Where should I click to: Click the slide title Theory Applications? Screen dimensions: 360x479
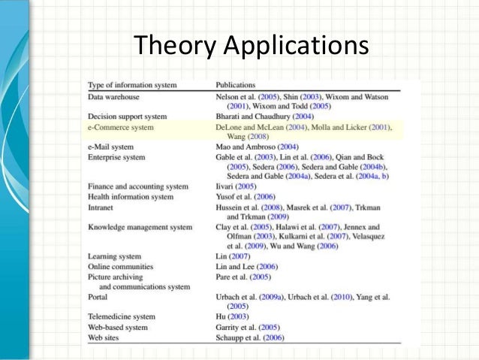[x=251, y=46]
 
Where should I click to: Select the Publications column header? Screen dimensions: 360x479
[x=236, y=85]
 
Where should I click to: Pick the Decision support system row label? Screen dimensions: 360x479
[x=127, y=117]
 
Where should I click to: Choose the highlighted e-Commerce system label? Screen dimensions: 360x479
[x=121, y=128]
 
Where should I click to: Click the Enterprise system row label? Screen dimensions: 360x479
[x=116, y=156]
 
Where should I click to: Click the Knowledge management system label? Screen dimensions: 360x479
[x=140, y=226]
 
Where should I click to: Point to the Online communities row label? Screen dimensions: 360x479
[x=120, y=267]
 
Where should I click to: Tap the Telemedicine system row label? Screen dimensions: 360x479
[x=122, y=316]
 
